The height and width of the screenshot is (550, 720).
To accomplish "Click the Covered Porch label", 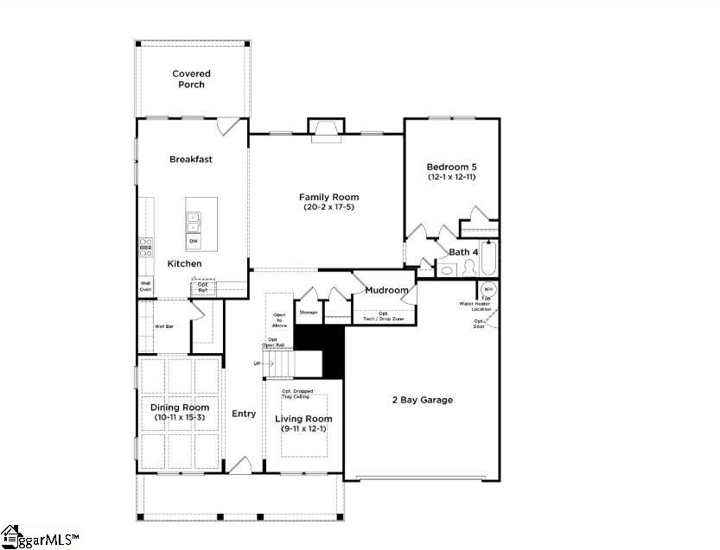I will tap(191, 79).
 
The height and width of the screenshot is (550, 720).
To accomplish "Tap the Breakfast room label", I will tap(191, 159).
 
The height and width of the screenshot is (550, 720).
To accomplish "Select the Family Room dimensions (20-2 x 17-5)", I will tap(328, 207).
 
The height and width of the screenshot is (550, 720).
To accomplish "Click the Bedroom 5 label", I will tap(451, 167).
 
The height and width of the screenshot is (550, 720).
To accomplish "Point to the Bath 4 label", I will tap(463, 252).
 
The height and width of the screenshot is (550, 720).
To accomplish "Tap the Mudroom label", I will tap(385, 291).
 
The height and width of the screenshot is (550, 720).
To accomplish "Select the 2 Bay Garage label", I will tap(422, 400).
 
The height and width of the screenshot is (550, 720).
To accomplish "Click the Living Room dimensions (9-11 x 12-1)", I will tap(303, 429).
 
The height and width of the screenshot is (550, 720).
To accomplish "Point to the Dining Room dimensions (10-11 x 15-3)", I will tap(180, 418).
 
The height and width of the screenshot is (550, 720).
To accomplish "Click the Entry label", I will tap(244, 414).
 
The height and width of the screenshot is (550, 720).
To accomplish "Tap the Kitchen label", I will tap(184, 263).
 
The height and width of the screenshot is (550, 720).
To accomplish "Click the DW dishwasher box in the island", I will tap(194, 241).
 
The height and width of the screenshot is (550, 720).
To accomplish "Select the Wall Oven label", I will tap(145, 286).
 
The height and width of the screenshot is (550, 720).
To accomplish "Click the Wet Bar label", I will tap(164, 326).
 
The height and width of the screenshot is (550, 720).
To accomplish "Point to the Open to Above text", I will tap(279, 320).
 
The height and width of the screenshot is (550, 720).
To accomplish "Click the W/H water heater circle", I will tap(487, 288).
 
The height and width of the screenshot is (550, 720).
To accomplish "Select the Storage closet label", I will tap(309, 312).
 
